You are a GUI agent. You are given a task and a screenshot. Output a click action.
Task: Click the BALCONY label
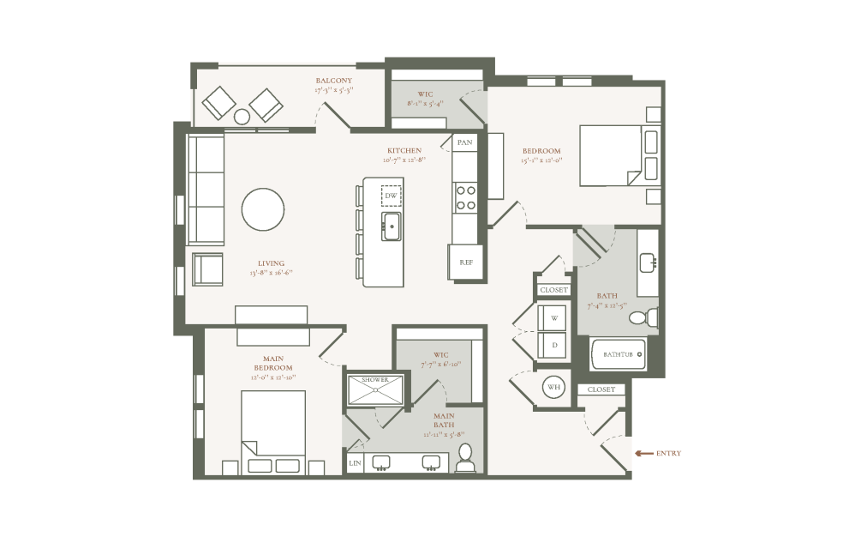pos(333,81)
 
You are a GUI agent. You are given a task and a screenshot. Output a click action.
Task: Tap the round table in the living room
pos(263,208)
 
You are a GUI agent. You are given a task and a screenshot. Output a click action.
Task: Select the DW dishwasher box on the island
pos(391,196)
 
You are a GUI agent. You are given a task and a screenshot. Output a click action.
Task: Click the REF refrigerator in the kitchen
pos(465,262)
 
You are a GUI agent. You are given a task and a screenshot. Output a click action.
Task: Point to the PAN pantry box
pos(464,142)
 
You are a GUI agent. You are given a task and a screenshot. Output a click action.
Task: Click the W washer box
pos(553,317)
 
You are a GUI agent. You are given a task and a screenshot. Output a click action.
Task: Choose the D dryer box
pos(553,345)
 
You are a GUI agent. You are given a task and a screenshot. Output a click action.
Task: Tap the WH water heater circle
pos(553,387)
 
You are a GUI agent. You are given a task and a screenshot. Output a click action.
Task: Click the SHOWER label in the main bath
pos(375,379)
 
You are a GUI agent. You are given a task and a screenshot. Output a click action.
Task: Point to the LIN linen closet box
pos(355,463)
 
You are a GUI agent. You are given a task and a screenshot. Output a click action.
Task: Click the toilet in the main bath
pos(465,460)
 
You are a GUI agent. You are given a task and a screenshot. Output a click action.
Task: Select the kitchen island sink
pos(392,228)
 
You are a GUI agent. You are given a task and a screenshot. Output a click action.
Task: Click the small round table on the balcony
pos(242,116)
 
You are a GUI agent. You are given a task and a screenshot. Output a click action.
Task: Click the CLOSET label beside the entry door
pos(601,389)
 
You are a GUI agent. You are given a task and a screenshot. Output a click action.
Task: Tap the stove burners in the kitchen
pos(465,198)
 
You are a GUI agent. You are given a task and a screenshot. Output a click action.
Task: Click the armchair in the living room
pos(206,268)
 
